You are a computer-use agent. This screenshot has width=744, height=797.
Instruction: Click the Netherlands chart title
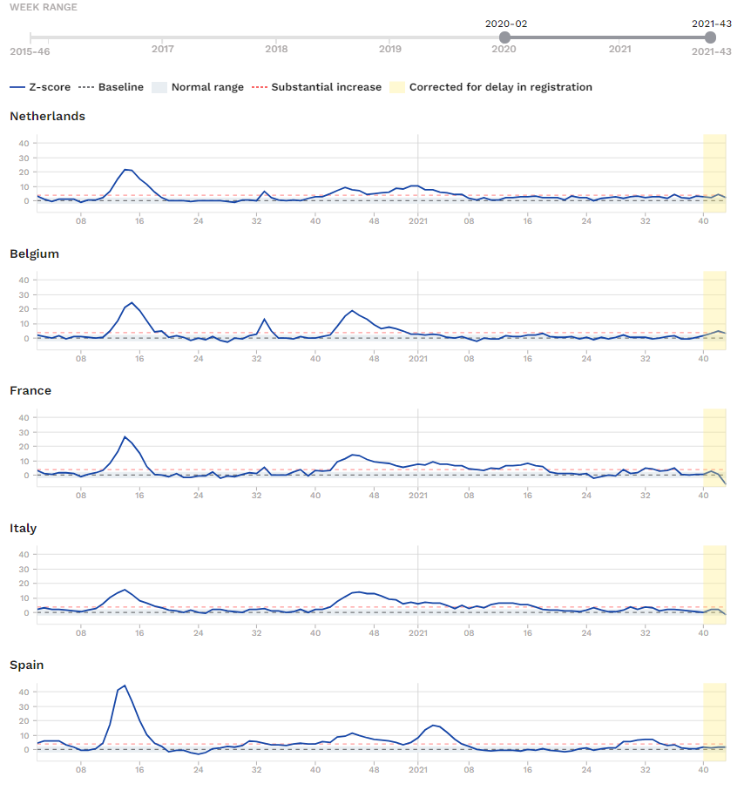tap(47, 116)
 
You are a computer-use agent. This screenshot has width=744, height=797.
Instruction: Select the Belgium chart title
tap(34, 253)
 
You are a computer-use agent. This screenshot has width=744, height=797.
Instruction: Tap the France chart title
tap(30, 390)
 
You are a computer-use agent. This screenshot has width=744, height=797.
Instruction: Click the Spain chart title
tap(27, 665)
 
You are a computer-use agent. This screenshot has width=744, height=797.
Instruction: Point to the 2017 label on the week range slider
tap(163, 49)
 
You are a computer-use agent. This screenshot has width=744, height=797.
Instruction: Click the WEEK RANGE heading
tap(44, 7)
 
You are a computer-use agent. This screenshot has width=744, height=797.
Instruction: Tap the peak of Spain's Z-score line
tap(125, 686)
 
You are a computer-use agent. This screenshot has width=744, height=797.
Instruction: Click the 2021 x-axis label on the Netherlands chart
tap(418, 221)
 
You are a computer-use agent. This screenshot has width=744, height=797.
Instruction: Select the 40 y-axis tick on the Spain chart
tap(24, 692)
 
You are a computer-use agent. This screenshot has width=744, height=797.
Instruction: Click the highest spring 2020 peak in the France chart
tap(125, 436)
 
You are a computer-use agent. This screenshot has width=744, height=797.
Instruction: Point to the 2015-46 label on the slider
tap(29, 51)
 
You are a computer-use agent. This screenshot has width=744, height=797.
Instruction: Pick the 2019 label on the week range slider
tap(390, 49)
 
